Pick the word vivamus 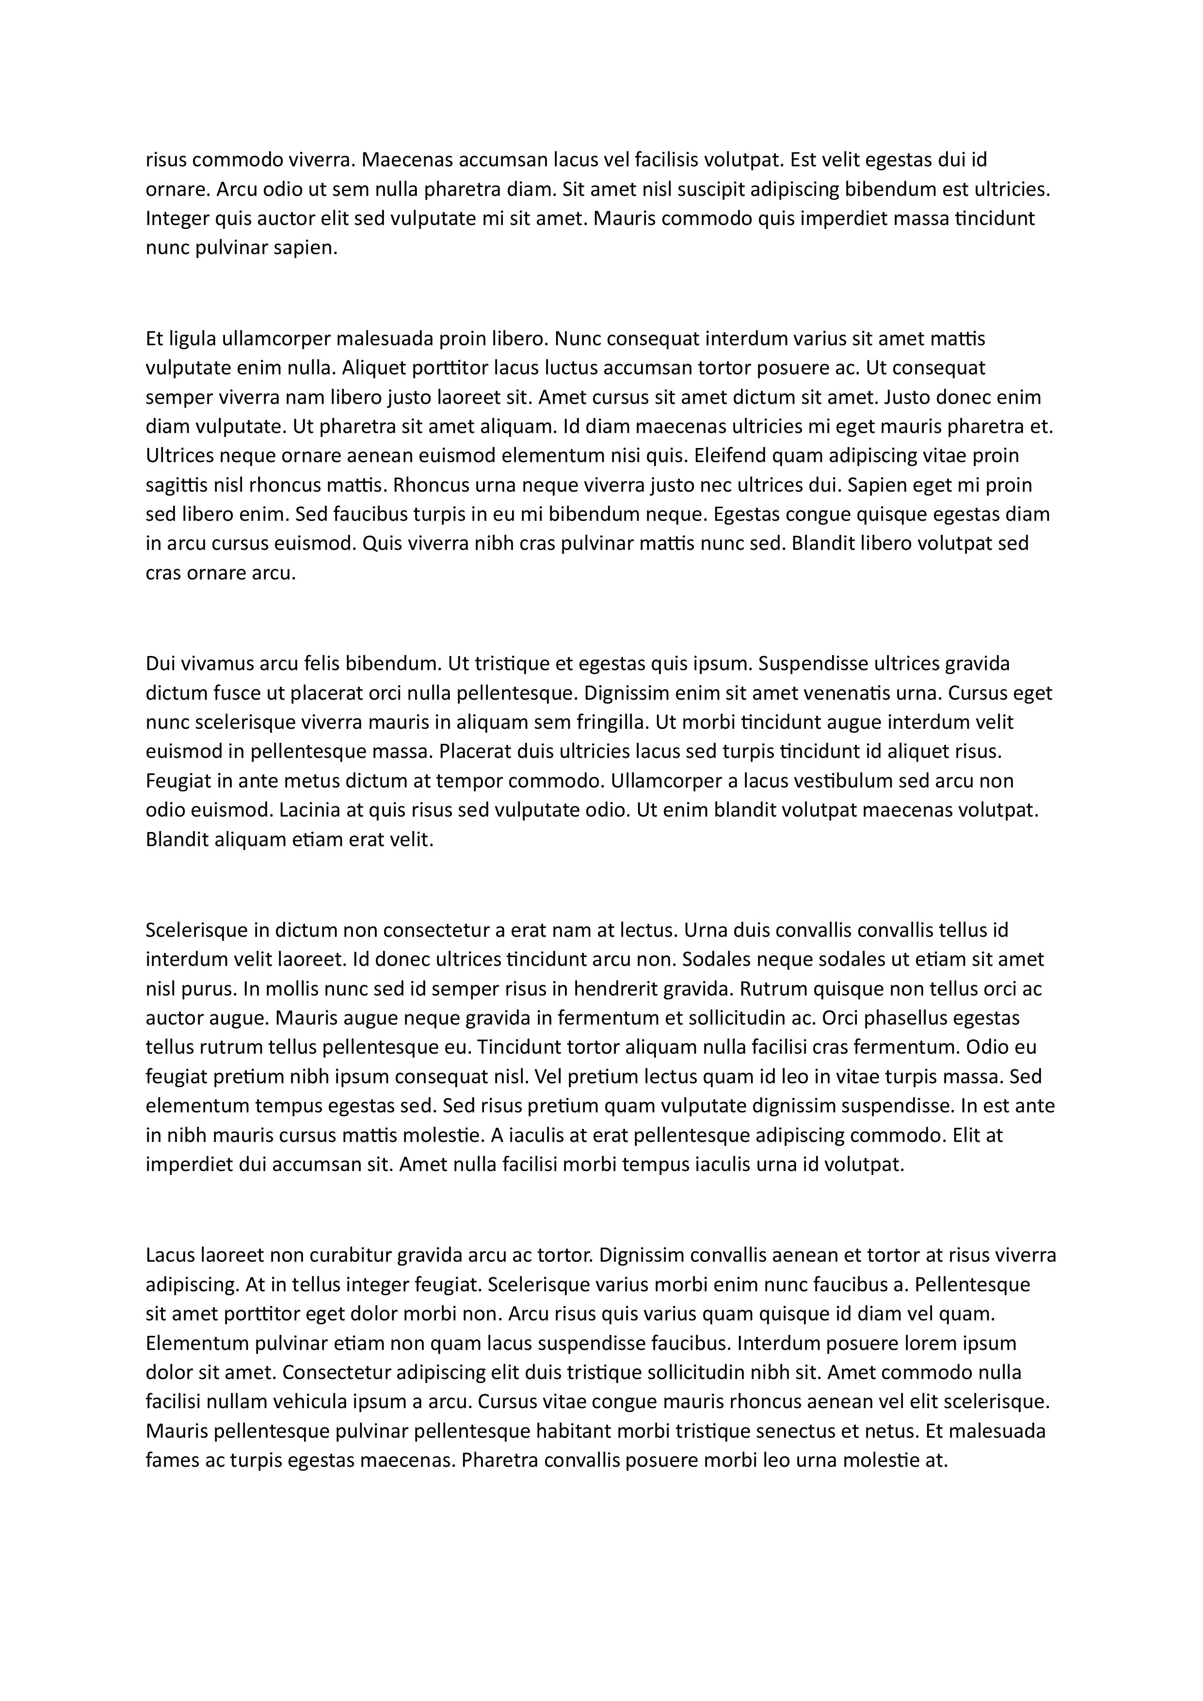point(208,663)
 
